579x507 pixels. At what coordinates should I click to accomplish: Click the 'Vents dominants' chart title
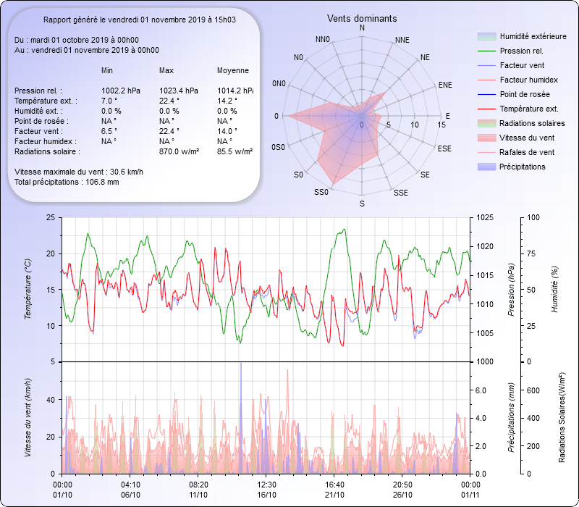[x=362, y=18]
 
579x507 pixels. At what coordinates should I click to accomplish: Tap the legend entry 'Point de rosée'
[x=524, y=94]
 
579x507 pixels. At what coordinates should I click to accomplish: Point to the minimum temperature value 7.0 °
[x=109, y=101]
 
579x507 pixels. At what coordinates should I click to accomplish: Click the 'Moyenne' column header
[x=233, y=71]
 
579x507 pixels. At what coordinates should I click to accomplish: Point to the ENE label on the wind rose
[x=445, y=85]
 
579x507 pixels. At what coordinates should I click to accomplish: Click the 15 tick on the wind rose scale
[x=441, y=125]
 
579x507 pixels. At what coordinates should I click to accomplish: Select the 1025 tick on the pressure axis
[x=486, y=217]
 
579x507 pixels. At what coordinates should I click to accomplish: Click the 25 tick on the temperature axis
[x=49, y=217]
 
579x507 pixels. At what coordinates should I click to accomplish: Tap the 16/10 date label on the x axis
[x=266, y=495]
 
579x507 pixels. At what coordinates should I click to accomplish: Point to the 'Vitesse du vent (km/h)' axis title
[x=28, y=418]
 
